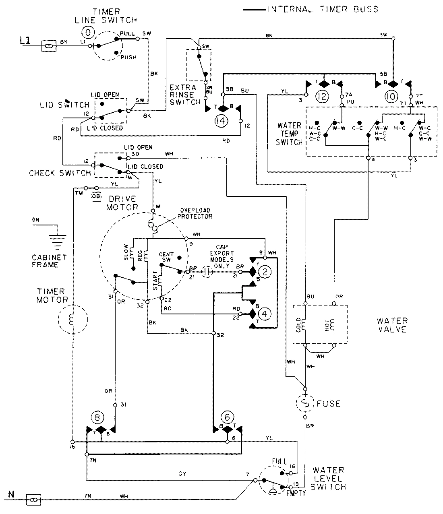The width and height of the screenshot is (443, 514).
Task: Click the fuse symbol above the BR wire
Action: pos(305,403)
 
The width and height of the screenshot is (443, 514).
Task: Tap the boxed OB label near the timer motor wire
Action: pos(96,196)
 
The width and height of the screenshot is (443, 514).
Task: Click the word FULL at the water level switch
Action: pos(279,461)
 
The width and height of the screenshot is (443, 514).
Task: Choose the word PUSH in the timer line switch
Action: pos(128,57)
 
